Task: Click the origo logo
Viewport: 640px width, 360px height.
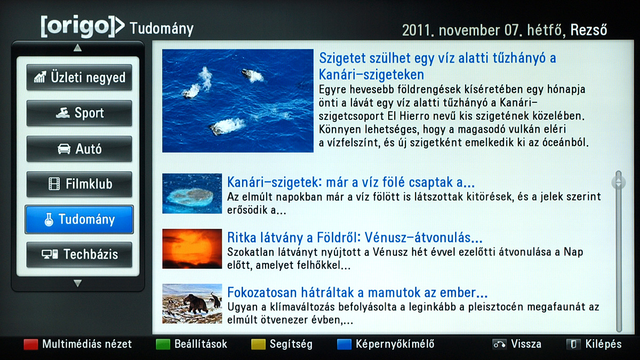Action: pos(83,27)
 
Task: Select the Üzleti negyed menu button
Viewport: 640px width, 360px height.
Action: pos(79,77)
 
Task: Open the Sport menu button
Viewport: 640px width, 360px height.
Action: pos(79,113)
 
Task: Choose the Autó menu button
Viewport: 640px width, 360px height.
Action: pos(79,149)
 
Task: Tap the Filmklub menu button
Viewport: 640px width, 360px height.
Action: pos(79,184)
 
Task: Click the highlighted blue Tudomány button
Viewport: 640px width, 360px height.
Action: pos(79,219)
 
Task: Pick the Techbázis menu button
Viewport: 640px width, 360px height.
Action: pos(79,254)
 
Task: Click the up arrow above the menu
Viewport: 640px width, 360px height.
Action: pos(77,47)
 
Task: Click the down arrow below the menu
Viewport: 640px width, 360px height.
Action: pos(77,283)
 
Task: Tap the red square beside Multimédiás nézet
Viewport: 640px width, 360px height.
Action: pos(31,345)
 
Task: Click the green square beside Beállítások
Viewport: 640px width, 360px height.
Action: pos(163,345)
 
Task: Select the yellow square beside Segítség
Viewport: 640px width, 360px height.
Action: pos(258,345)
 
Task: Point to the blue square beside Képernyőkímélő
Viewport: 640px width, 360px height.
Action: pos(345,345)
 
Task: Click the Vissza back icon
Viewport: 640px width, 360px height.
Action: pos(499,345)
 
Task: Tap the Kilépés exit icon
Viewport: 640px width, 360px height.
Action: pos(574,345)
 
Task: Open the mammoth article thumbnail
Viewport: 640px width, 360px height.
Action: pos(192,303)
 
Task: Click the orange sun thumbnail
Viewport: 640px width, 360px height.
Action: pos(192,249)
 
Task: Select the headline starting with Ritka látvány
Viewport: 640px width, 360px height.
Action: pos(355,238)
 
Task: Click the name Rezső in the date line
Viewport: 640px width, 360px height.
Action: pos(589,30)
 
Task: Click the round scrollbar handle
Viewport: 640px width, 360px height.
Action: pos(619,182)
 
